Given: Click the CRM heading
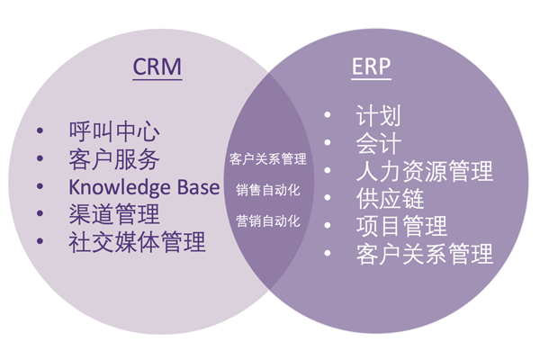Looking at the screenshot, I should pos(157,67).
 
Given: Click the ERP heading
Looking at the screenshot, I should pos(370,67).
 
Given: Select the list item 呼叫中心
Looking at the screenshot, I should pos(113,131).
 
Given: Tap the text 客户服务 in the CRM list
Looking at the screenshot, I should pos(113,159).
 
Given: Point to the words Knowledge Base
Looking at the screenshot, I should pos(144,187).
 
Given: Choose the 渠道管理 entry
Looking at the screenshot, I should pos(113,214).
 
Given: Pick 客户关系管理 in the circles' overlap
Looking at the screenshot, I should pos(268,159).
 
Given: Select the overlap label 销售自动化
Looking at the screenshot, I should pos(268,190).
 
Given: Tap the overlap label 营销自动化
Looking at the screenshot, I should pos(268,220).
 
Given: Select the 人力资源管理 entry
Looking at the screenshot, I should pos(425,171).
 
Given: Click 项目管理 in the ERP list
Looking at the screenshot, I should pos(401,226).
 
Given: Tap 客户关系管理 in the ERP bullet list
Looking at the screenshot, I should pos(425,254).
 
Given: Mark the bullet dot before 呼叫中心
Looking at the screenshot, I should pos(40,131).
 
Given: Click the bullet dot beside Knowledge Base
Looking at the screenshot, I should pos(40,187).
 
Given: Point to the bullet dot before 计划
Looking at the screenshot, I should pos(328,116).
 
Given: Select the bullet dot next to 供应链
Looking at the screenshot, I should pos(328,198).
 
